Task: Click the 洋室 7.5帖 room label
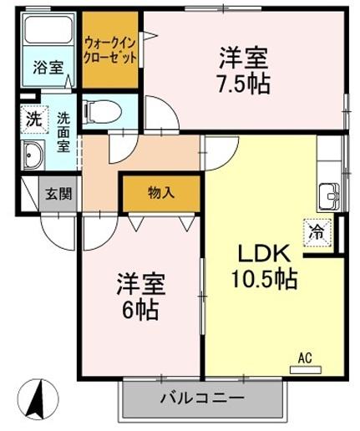point(244,70)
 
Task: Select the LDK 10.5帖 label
point(265,266)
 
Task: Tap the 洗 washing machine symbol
point(33,119)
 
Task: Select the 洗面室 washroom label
point(63,132)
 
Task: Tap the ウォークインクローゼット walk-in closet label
point(110,49)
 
